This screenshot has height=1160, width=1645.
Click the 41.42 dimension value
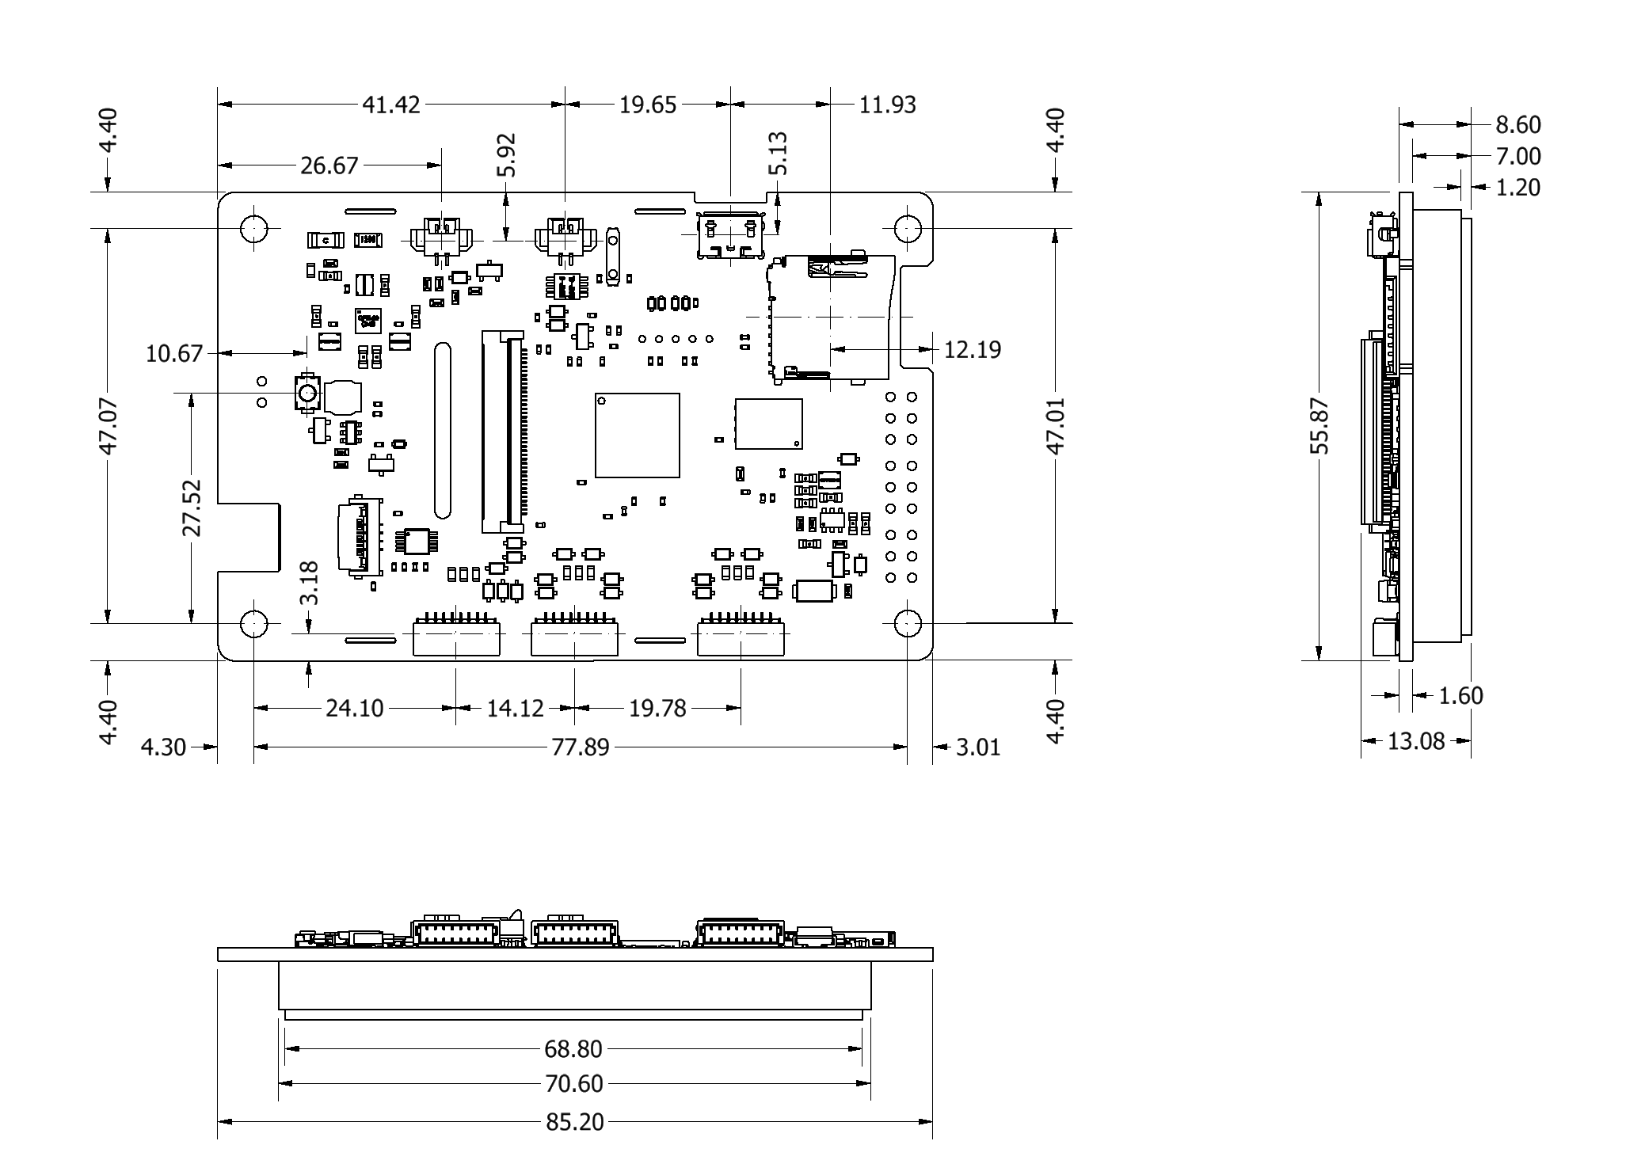[390, 105]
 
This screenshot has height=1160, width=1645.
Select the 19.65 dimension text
[647, 105]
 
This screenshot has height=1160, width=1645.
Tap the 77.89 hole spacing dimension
[580, 747]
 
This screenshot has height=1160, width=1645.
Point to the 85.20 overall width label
[574, 1122]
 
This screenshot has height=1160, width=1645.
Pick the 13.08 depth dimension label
[1416, 741]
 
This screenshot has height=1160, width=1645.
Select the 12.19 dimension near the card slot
[973, 349]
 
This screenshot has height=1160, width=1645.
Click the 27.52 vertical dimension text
[192, 508]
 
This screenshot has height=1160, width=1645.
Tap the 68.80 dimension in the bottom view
[573, 1049]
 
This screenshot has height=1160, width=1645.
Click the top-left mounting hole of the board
[253, 229]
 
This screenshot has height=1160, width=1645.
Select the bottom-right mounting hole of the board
[907, 624]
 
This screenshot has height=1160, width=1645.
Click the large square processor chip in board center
[637, 435]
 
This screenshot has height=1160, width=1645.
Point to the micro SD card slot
[832, 317]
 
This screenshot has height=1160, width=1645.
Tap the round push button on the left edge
[306, 393]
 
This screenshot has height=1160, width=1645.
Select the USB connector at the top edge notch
[729, 234]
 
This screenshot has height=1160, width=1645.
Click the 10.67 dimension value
[174, 353]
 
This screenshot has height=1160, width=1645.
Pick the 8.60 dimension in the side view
[1517, 125]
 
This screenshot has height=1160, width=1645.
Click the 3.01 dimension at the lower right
[977, 747]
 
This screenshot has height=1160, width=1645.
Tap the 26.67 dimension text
[329, 165]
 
